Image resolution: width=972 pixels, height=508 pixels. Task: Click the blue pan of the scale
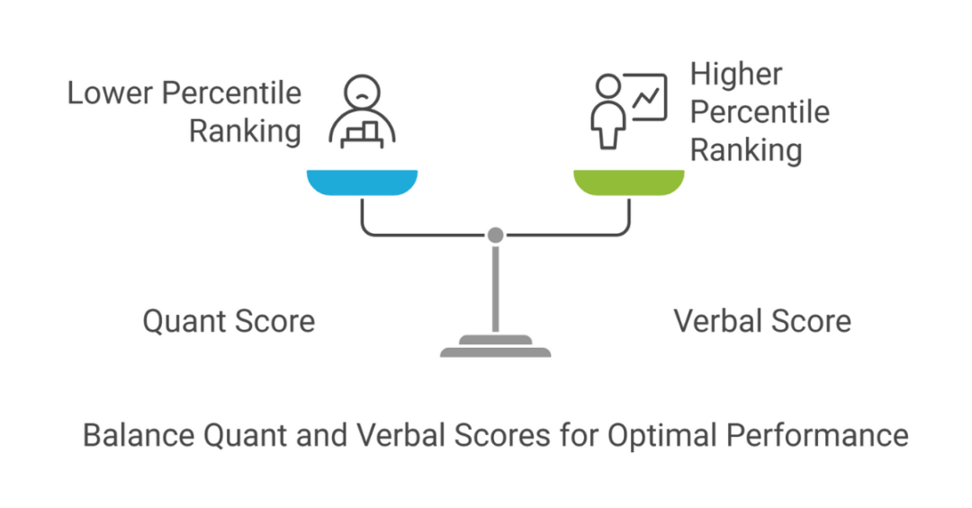[362, 182]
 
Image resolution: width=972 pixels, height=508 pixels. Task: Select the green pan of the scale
[629, 182]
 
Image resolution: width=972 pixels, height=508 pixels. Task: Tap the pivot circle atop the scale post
[495, 236]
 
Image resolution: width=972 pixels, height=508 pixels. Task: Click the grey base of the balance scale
[495, 346]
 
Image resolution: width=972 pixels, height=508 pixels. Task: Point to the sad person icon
[362, 112]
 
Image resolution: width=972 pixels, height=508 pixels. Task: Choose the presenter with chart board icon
[628, 110]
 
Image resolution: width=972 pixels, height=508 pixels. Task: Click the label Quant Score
[229, 321]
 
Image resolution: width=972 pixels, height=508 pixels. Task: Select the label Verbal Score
[762, 321]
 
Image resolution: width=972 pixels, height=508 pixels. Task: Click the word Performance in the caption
[817, 436]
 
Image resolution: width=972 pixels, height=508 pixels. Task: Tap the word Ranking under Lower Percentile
[245, 131]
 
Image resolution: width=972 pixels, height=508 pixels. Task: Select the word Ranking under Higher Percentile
[746, 150]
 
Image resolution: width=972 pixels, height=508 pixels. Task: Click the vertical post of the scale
[495, 288]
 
